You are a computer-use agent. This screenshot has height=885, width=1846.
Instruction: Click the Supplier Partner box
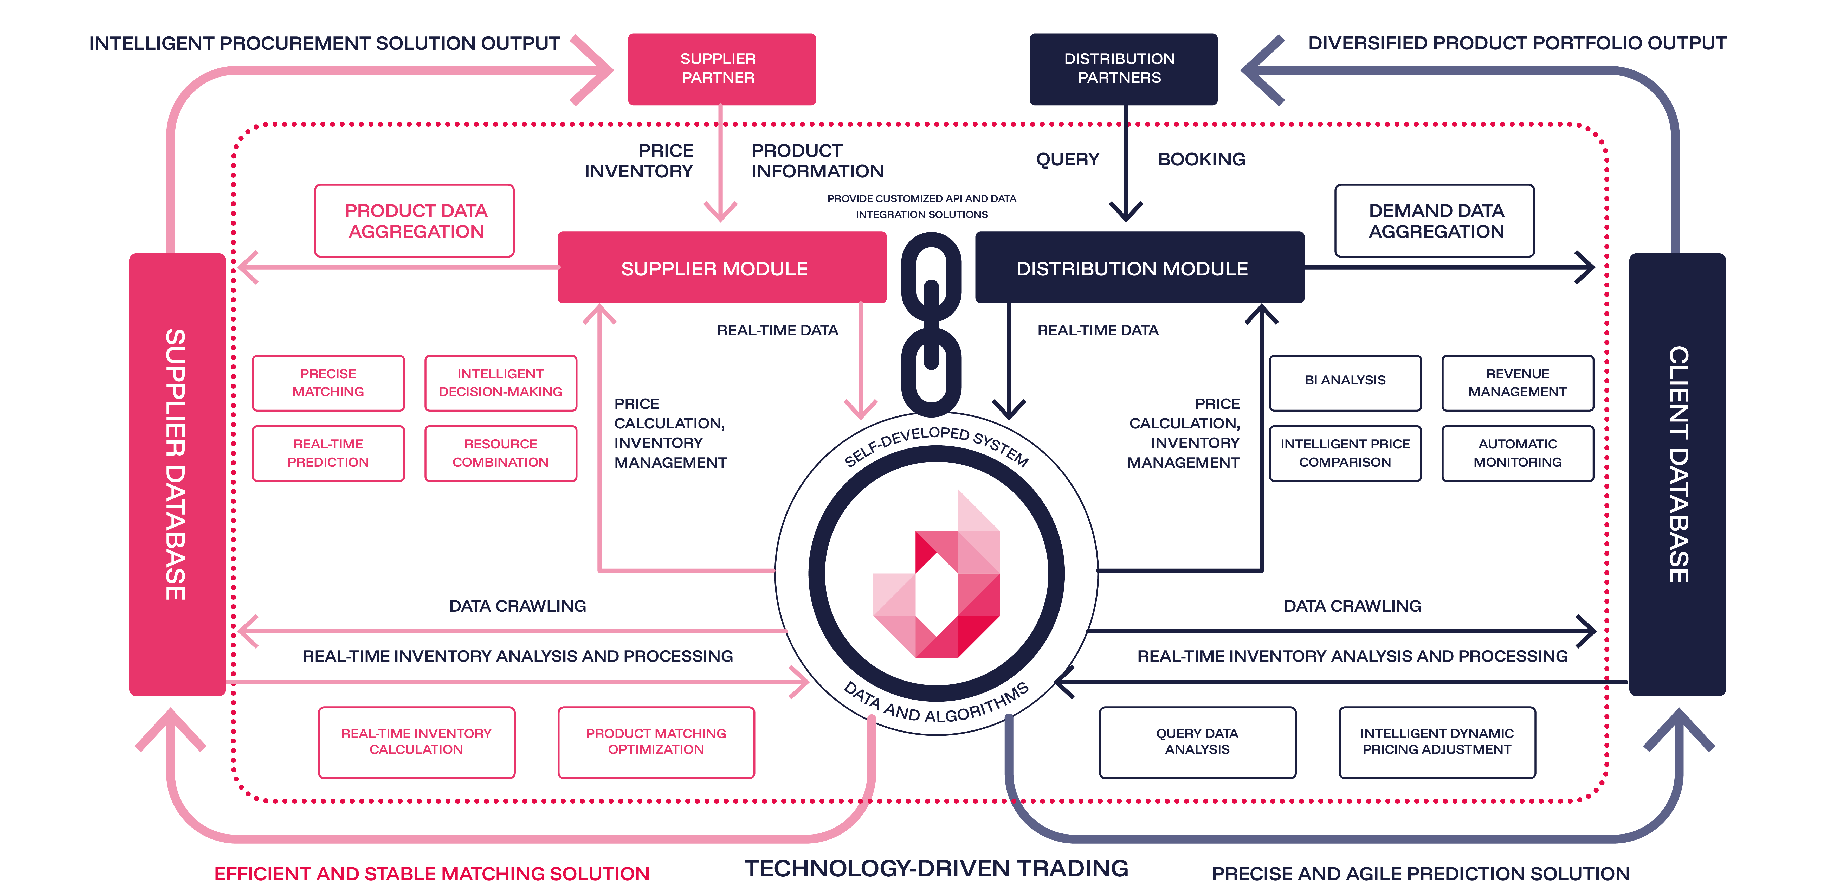pyautogui.click(x=722, y=69)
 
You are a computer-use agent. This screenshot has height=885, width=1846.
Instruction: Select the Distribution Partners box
pyautogui.click(x=1123, y=69)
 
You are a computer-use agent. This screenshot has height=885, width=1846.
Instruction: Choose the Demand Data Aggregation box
pyautogui.click(x=1435, y=221)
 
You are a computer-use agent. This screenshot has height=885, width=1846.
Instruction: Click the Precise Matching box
pyautogui.click(x=328, y=383)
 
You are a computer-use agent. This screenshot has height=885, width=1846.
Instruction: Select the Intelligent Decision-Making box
pyautogui.click(x=500, y=383)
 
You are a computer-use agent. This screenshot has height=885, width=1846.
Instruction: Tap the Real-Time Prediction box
pyautogui.click(x=328, y=453)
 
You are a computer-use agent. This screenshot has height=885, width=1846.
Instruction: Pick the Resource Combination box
pyautogui.click(x=500, y=453)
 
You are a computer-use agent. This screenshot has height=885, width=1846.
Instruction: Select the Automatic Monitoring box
pyautogui.click(x=1517, y=453)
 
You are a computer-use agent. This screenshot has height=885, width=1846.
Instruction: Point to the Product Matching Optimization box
pyautogui.click(x=656, y=742)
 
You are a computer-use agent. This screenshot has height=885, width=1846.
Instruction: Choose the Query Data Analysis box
pyautogui.click(x=1197, y=742)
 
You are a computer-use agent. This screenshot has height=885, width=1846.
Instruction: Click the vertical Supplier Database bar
pyautogui.click(x=177, y=473)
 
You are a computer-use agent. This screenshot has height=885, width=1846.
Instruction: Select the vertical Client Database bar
pyautogui.click(x=1677, y=473)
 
